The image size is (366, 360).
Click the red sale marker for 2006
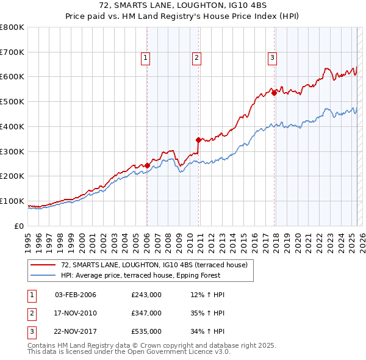[x=147, y=165]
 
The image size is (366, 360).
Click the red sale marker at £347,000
[x=198, y=140]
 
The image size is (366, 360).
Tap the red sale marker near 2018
[x=274, y=93]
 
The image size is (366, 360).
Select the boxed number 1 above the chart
[x=146, y=58]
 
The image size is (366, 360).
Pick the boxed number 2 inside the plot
[x=197, y=58]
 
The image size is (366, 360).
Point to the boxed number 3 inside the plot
[x=272, y=58]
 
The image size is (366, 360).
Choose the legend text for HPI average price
[x=155, y=275]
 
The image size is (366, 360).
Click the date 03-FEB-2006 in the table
[x=76, y=295]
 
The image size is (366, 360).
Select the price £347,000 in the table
[x=146, y=314]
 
